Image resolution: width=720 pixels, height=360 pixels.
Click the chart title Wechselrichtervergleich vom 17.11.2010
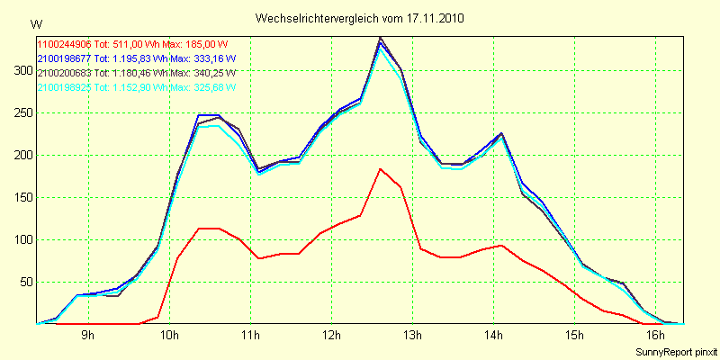[x=360, y=18]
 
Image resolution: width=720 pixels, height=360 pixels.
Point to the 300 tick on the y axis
[x=21, y=70]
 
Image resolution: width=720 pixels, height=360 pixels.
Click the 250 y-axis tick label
[x=21, y=112]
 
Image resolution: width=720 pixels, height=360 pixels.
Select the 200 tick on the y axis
[x=21, y=155]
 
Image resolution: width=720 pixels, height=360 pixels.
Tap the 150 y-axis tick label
[x=21, y=197]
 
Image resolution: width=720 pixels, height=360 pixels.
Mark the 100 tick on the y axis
[x=21, y=239]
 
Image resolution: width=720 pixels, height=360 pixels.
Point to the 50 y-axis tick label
[x=23, y=282]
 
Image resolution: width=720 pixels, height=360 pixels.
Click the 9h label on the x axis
[x=88, y=336]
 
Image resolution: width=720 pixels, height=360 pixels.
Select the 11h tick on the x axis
[x=250, y=336]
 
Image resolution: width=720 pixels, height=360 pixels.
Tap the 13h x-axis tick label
[x=413, y=336]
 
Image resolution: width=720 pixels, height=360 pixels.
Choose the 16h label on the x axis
[x=656, y=336]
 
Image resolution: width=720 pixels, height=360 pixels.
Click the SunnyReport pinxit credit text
[x=675, y=351]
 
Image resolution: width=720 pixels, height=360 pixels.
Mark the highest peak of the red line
[x=381, y=168]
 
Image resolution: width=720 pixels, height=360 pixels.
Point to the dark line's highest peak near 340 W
[x=381, y=38]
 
